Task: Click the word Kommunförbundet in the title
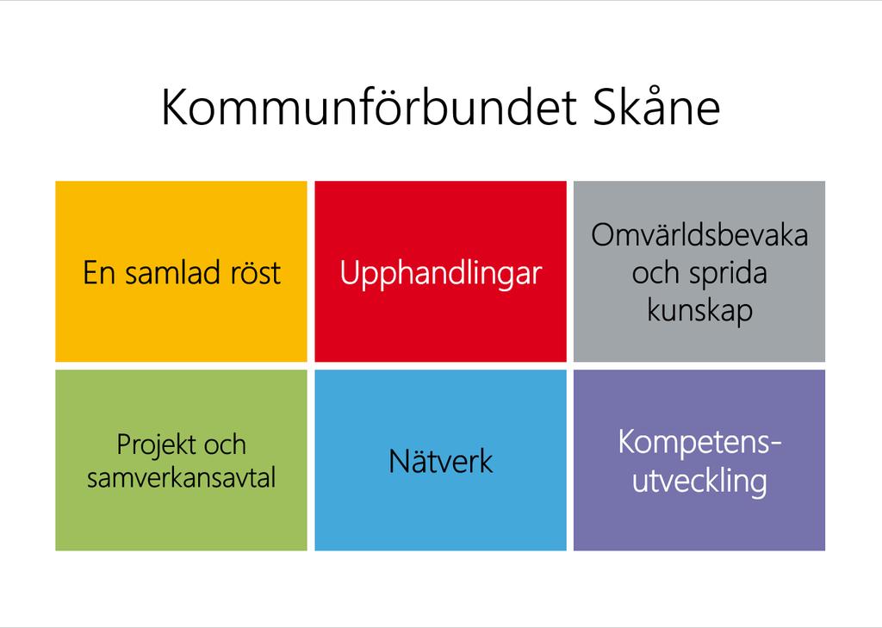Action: pyautogui.click(x=370, y=107)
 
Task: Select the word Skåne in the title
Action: pyautogui.click(x=656, y=107)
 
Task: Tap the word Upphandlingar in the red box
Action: pyautogui.click(x=440, y=274)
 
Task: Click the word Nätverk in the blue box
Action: pyautogui.click(x=440, y=461)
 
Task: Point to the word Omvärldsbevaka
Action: pyautogui.click(x=699, y=234)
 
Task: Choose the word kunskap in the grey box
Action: pyautogui.click(x=699, y=311)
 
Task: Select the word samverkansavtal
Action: pyautogui.click(x=181, y=478)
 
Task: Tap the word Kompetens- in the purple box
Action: pyautogui.click(x=699, y=443)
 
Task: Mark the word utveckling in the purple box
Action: pyautogui.click(x=699, y=482)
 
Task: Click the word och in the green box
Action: pyautogui.click(x=225, y=445)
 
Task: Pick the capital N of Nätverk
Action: pyautogui.click(x=401, y=462)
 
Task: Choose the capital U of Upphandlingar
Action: pyautogui.click(x=350, y=274)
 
